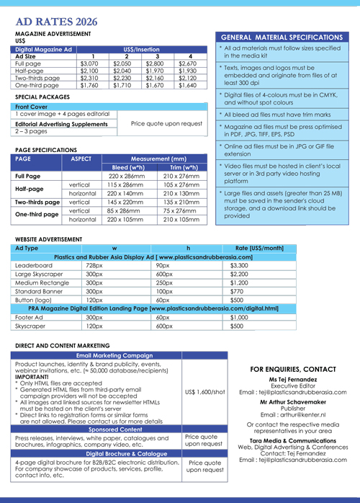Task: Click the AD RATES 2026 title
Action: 56,21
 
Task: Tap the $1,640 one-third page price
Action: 186,85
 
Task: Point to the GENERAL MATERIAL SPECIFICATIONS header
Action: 282,37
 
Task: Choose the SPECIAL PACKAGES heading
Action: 42,96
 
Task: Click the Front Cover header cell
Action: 32,107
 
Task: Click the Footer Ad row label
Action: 30,317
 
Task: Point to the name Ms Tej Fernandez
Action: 293,380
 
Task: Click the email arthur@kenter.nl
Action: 293,416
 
